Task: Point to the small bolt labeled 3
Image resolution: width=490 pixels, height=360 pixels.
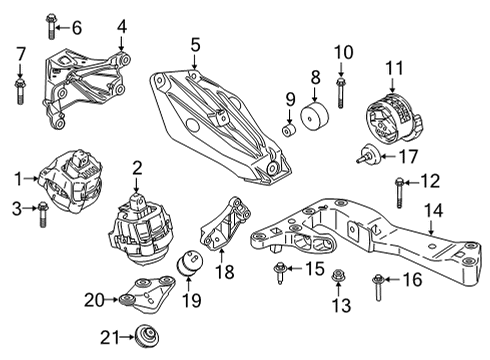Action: pos(42,212)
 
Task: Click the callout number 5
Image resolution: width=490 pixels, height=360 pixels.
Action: pos(196,45)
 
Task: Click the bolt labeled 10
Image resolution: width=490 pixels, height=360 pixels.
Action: pos(341,94)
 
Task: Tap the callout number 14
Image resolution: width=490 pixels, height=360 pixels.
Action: pos(434,211)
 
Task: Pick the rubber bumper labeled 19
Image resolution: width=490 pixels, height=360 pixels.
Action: pos(185,270)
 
